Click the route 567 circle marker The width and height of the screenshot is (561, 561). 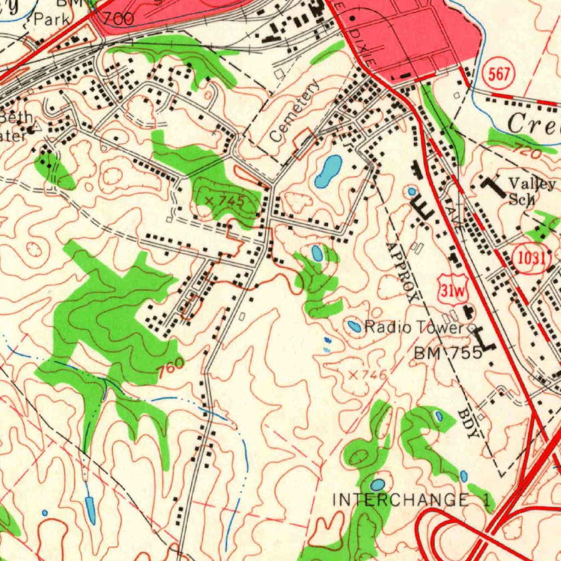click(499, 75)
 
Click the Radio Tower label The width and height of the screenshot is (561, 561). click(414, 328)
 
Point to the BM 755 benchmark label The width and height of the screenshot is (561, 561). click(448, 352)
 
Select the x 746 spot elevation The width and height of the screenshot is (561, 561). click(368, 375)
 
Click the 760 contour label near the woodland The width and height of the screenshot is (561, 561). click(170, 369)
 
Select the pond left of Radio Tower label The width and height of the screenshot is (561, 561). click(354, 327)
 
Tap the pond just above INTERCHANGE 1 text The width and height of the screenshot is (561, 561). click(377, 484)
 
